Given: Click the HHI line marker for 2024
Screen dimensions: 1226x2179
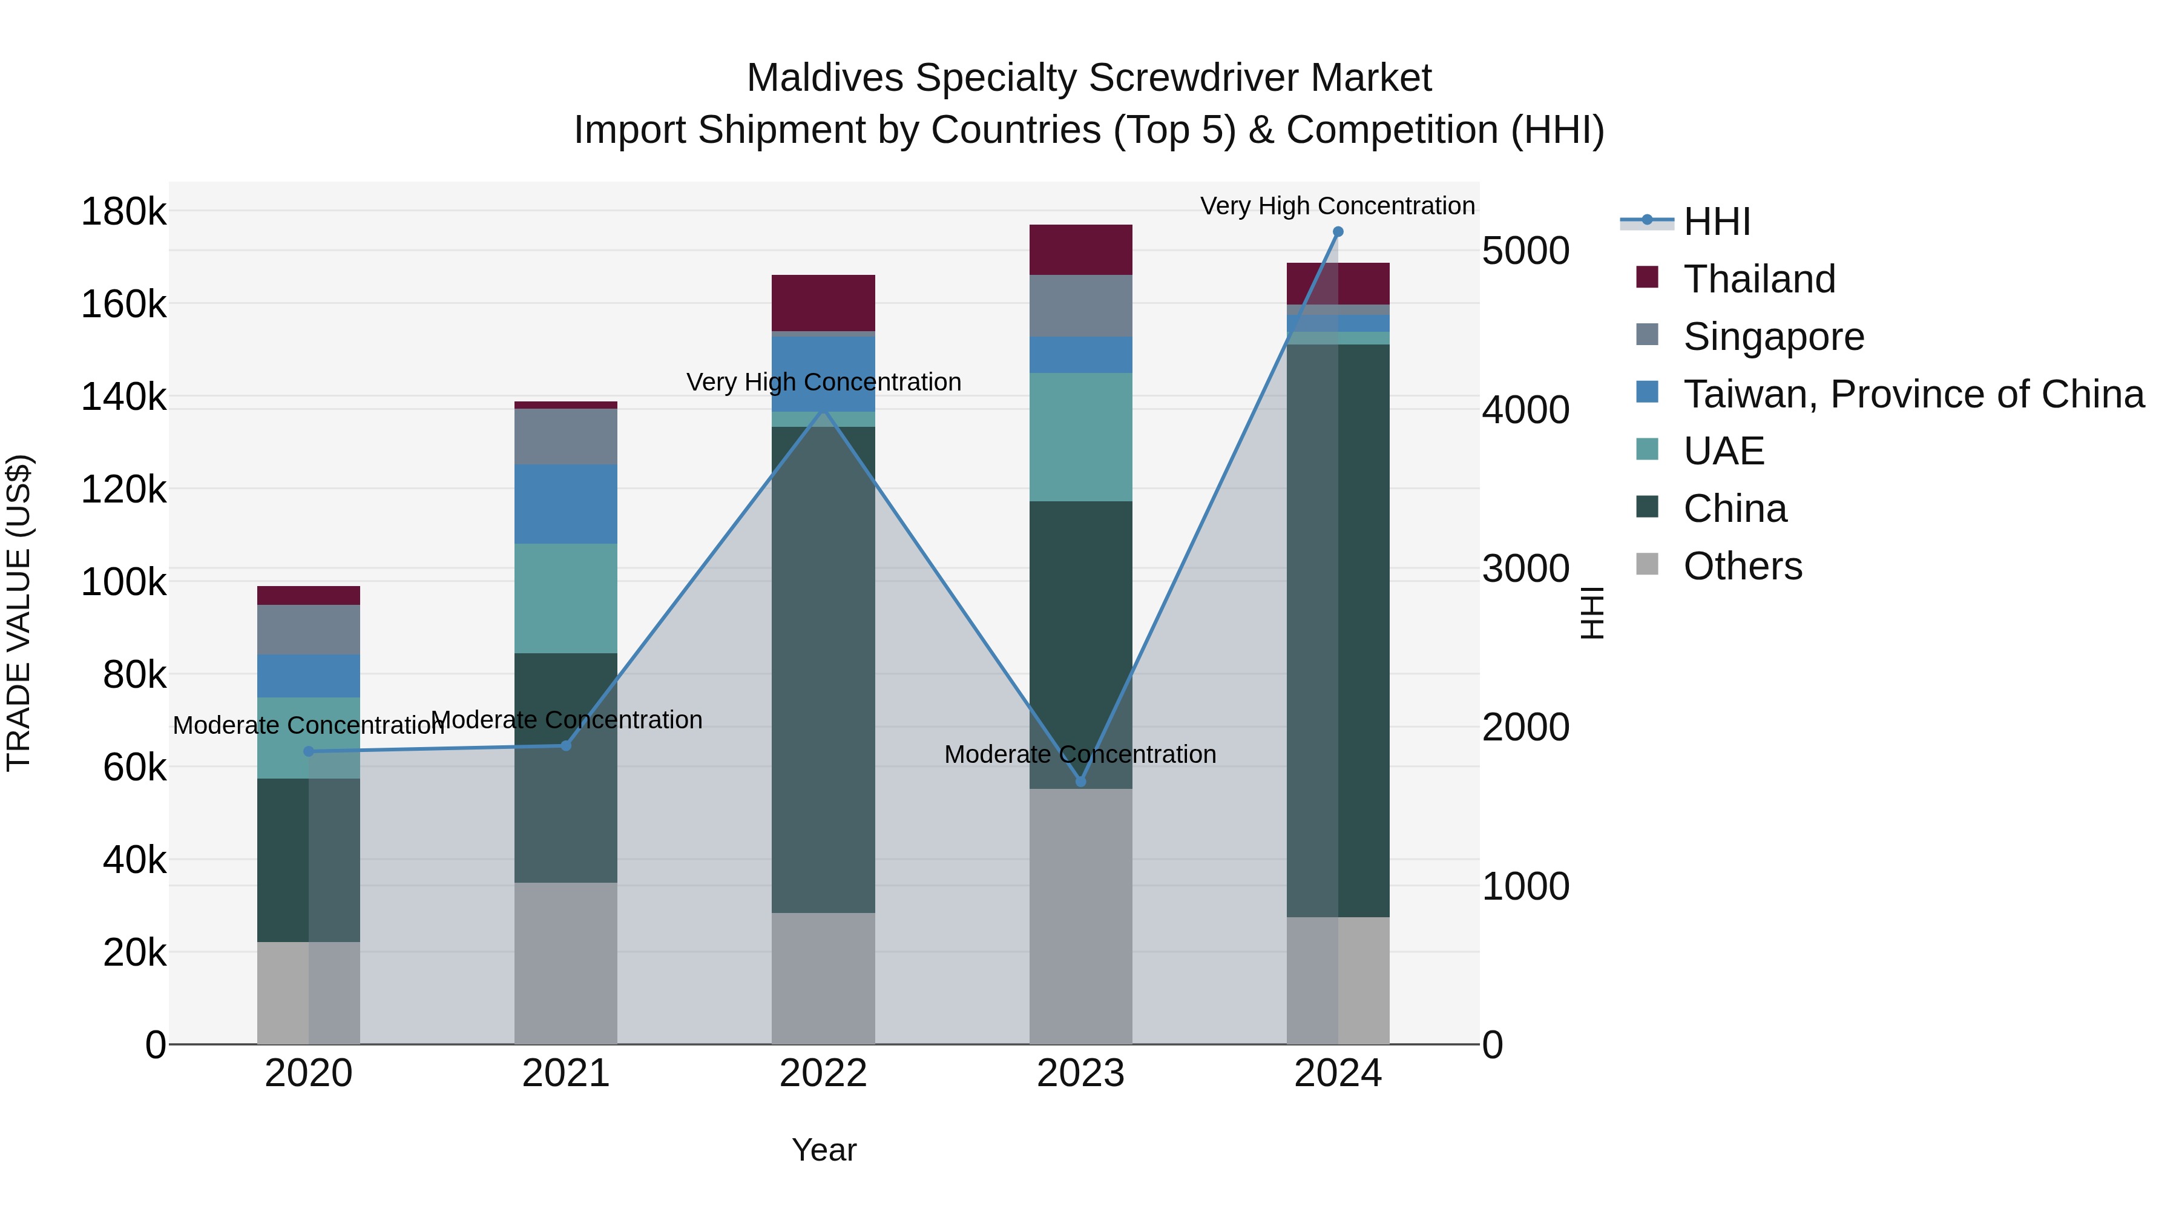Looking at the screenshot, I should [x=1337, y=232].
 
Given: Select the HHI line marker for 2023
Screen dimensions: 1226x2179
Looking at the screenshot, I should [x=1080, y=781].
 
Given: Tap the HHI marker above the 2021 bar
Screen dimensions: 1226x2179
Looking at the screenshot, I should [x=566, y=745].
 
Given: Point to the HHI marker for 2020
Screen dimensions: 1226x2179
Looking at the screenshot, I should [x=309, y=751].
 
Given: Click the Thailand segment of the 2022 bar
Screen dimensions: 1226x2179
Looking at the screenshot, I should [x=823, y=303].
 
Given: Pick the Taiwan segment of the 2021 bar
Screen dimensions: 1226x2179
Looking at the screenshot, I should [x=566, y=504].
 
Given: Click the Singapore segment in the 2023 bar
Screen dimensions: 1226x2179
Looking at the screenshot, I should [x=1080, y=306].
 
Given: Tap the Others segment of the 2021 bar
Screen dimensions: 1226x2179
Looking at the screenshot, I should [x=566, y=963].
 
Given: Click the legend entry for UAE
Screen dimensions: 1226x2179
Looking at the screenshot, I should [x=1723, y=451].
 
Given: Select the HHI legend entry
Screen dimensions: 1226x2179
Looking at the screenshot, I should [x=1717, y=222].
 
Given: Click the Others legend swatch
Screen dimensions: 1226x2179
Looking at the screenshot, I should [x=1647, y=564].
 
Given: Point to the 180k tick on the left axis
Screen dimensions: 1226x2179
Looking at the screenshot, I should [x=123, y=211].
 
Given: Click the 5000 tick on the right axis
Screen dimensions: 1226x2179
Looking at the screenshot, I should [x=1525, y=251].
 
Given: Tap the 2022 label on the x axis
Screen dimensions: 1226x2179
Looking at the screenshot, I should [x=823, y=1073].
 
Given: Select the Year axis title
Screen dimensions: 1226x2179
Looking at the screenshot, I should [x=824, y=1150].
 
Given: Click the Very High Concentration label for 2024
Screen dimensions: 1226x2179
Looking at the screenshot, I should [x=1337, y=206].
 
